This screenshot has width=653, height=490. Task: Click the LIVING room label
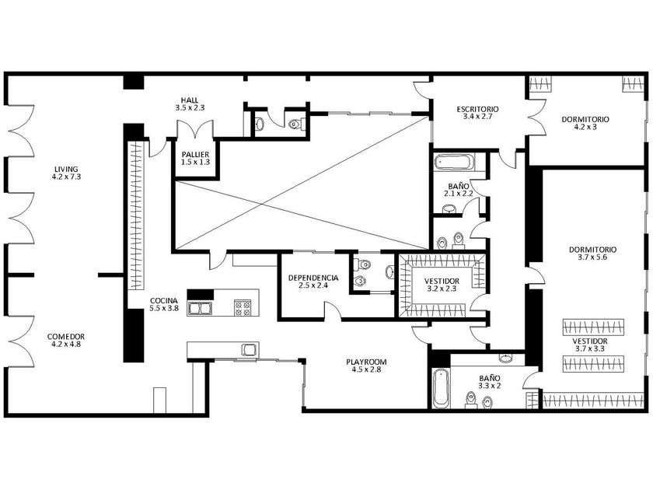coord(66,170)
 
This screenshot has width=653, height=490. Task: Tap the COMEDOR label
coord(66,337)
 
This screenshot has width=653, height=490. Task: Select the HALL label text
coord(190,100)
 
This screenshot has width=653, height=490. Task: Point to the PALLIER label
coord(195,155)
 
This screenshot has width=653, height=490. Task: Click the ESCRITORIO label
coord(477,110)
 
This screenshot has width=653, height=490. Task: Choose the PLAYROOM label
coord(366,362)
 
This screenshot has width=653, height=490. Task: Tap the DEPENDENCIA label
coord(313,278)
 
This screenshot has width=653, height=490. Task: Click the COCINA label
coord(164,301)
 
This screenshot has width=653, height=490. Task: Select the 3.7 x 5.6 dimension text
coord(592,257)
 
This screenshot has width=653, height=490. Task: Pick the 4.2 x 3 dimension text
coord(585,127)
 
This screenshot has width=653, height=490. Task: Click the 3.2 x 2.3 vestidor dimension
coord(442,289)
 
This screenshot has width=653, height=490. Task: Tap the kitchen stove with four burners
coord(243,308)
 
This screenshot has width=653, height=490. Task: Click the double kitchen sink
coord(201,308)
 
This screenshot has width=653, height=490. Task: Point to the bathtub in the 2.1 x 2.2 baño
coord(454,163)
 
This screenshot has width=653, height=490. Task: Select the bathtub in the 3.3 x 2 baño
coord(441,388)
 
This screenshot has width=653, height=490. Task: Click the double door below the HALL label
coord(195,129)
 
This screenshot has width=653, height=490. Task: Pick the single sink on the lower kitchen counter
coord(249,349)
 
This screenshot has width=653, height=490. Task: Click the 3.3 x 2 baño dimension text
coord(489,386)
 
